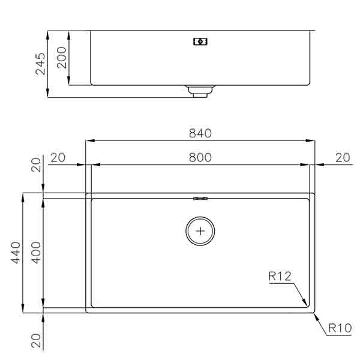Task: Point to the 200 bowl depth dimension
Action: coord(62,58)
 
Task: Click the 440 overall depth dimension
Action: coord(16,253)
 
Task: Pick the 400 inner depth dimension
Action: coord(36,253)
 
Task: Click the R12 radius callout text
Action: coord(280,277)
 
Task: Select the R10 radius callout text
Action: coord(339,328)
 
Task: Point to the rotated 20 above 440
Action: coord(36,165)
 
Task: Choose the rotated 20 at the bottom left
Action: coord(36,341)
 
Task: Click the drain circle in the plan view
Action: coord(200,231)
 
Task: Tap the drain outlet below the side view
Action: coord(200,91)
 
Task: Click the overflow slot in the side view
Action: coord(200,41)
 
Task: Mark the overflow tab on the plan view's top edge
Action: coord(200,197)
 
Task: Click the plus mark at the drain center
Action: coord(200,231)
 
